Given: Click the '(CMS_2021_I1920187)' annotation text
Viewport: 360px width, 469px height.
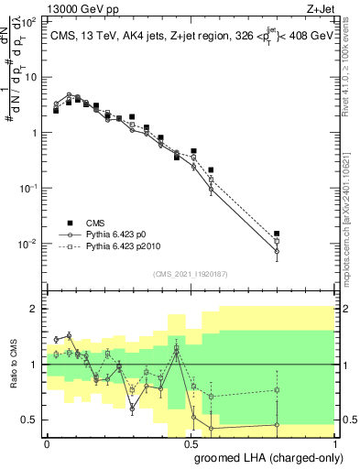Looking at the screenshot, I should [191, 274].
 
